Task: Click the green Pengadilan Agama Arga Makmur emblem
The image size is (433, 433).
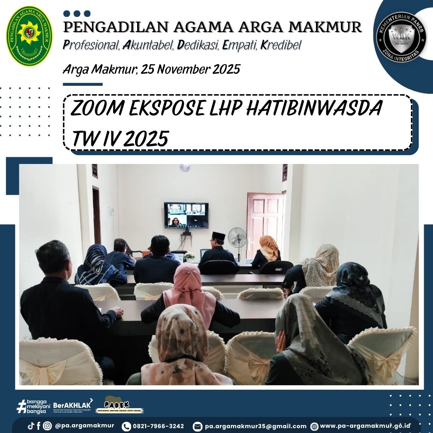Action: tap(29, 36)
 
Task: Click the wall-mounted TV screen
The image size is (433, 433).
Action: tap(186, 215)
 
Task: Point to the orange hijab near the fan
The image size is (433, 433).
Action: tap(269, 247)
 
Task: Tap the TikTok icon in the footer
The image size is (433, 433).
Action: tap(30, 426)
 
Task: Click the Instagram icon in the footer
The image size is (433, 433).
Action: tap(47, 426)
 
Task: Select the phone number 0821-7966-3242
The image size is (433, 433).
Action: tap(158, 426)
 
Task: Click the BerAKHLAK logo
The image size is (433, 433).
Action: tap(73, 405)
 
